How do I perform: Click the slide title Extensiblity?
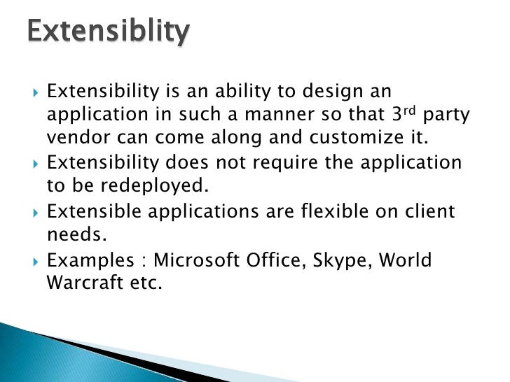pyautogui.click(x=108, y=32)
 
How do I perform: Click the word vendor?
pyautogui.click(x=76, y=138)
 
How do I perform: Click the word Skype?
pyautogui.click(x=343, y=261)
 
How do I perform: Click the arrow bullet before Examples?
pyautogui.click(x=36, y=261)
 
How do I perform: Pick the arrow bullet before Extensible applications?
pyautogui.click(x=36, y=211)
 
